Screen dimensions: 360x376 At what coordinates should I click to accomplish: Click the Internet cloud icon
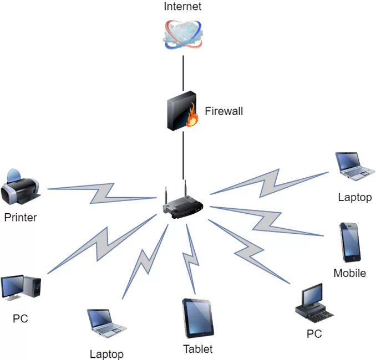tap(183, 34)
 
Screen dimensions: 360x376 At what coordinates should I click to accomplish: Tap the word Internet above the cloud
tap(182, 7)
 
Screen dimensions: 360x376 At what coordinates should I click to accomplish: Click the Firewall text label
tap(224, 111)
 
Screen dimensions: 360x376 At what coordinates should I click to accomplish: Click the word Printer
tap(21, 217)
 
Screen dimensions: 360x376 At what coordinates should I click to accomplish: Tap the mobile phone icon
tap(350, 242)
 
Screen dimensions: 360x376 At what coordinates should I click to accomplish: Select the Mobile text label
tap(350, 273)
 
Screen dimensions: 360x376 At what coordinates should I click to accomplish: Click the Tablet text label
tap(198, 349)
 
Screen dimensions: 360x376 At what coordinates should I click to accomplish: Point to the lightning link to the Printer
tap(103, 192)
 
